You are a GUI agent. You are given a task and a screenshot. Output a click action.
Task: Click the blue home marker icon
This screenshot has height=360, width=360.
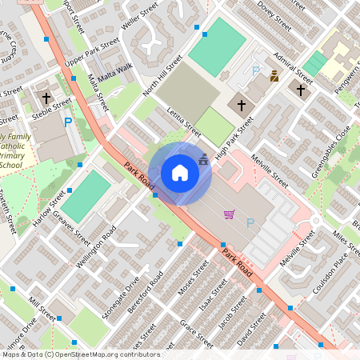[180, 172]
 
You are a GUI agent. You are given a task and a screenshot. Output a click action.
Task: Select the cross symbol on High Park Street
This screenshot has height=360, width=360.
[242, 105]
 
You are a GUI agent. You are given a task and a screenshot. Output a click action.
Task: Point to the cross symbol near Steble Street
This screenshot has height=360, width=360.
[46, 99]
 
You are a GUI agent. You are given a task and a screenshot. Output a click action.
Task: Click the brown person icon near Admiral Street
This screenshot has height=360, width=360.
[274, 77]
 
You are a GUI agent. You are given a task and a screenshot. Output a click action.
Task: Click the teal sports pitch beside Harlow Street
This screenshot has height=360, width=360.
[86, 196]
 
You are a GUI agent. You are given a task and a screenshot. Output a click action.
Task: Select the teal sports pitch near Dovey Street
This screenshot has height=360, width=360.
[217, 47]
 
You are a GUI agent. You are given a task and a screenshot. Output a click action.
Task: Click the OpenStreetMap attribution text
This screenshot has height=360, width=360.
[81, 354]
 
